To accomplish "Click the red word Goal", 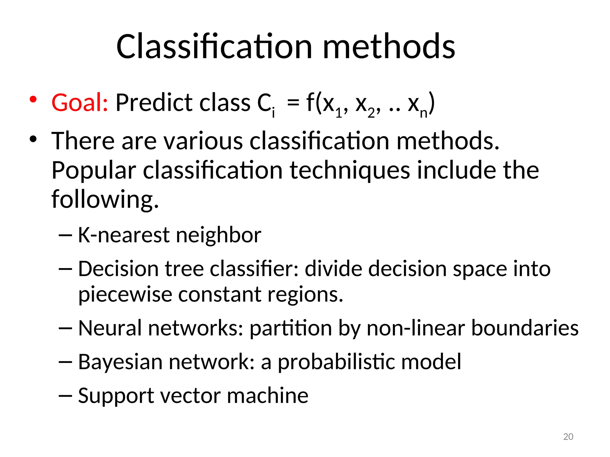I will (79, 103).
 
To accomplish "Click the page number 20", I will (568, 436).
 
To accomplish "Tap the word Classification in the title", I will (214, 47).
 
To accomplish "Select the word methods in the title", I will (389, 47).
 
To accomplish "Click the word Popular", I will (94, 170).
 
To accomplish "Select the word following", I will (105, 199).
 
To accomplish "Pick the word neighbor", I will (218, 235).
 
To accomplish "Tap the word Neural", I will (110, 328).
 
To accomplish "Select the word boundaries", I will (525, 328).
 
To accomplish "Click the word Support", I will (116, 396).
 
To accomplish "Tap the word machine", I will (267, 396).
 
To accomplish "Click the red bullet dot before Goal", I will (33, 99).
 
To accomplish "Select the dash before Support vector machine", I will (66, 396).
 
